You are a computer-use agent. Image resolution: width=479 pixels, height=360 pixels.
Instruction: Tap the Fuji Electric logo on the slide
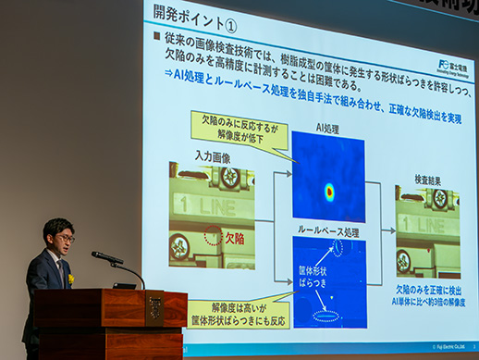click(x=452, y=68)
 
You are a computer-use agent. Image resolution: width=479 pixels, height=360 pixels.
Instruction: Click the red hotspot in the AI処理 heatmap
click(x=329, y=192)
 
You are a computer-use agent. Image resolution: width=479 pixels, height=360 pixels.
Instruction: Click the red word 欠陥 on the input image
click(x=235, y=238)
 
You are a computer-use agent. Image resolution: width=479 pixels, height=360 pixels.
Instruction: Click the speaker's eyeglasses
click(x=64, y=238)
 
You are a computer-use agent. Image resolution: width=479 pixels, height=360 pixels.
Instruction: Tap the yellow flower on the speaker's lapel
click(x=69, y=279)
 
